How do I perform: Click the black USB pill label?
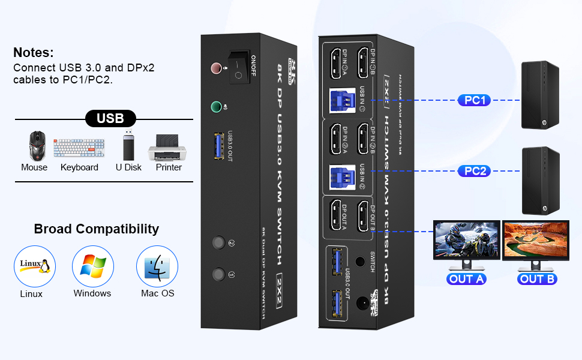click(x=110, y=119)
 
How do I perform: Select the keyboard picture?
click(x=79, y=148)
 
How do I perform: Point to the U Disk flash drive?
click(x=129, y=145)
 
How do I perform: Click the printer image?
click(x=168, y=148)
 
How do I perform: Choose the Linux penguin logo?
click(x=34, y=266)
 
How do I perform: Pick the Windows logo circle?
click(x=93, y=266)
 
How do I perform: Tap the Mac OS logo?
click(x=157, y=266)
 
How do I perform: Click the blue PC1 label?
click(x=474, y=100)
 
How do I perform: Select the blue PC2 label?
click(x=474, y=171)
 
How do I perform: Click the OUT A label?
click(x=467, y=278)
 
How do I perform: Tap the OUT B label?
click(x=537, y=278)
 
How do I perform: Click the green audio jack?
click(x=217, y=107)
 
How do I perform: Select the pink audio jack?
click(x=216, y=68)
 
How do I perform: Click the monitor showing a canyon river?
click(x=535, y=241)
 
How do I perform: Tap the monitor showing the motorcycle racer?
click(x=467, y=241)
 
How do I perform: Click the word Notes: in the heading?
click(x=34, y=52)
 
